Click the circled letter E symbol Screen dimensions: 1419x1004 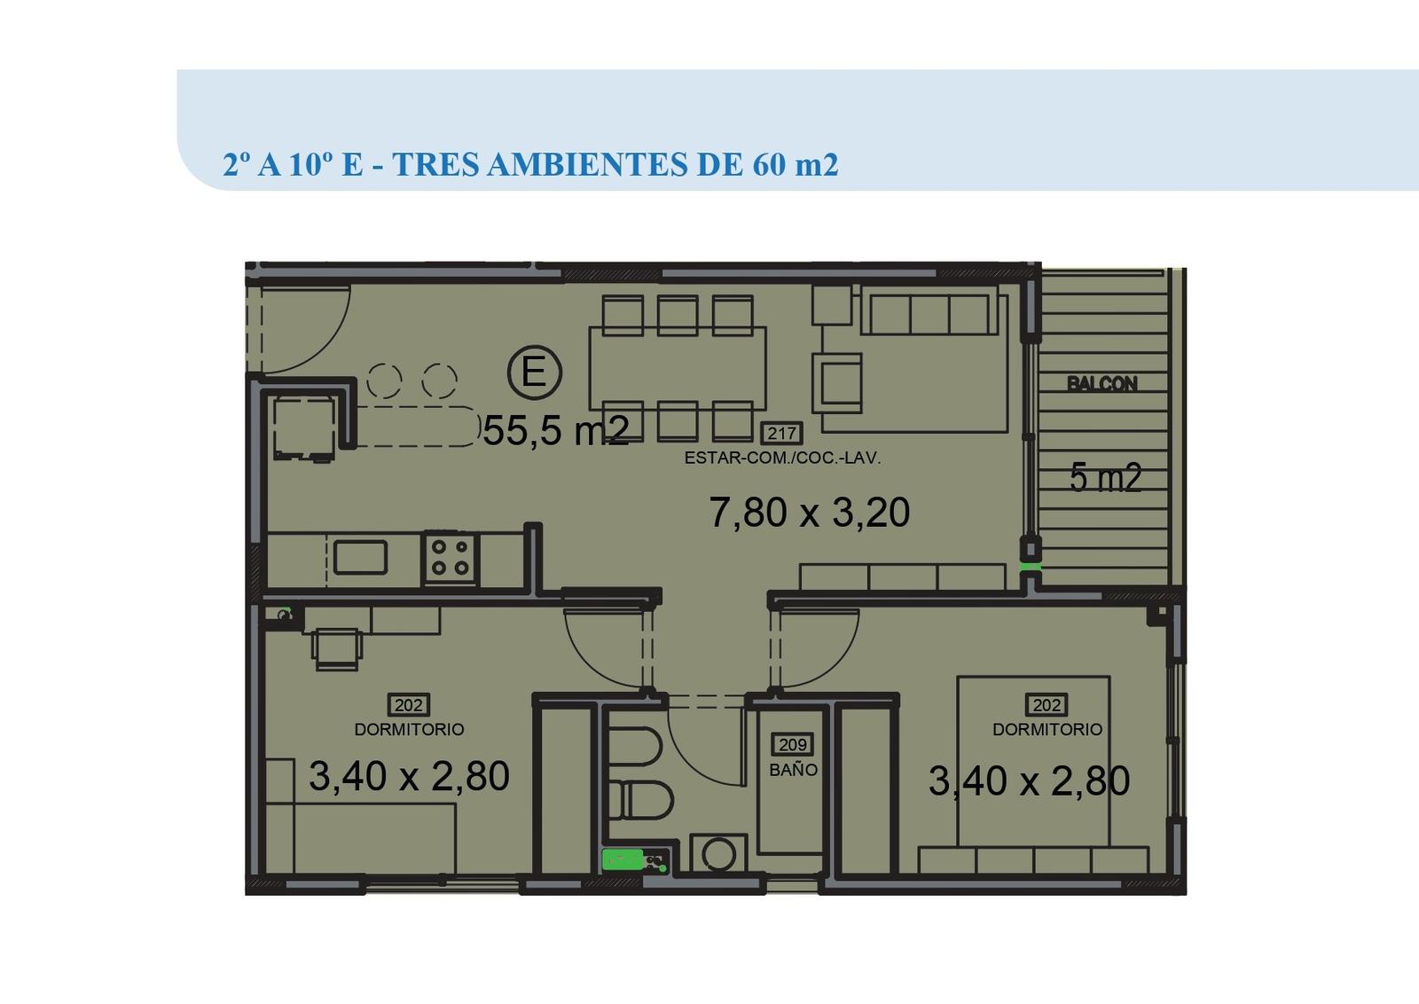click(535, 372)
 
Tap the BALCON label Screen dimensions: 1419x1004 click(1101, 383)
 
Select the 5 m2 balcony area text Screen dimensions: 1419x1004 click(1105, 477)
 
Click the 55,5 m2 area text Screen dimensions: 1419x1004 click(555, 431)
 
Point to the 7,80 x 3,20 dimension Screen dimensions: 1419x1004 click(809, 512)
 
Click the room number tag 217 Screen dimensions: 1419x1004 click(781, 434)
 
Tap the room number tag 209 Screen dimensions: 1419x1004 click(793, 745)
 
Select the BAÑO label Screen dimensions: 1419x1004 click(793, 770)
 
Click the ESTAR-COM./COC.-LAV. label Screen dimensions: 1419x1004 click(782, 458)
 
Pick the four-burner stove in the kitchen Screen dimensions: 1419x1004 click(450, 557)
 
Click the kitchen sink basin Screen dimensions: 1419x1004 click(360, 557)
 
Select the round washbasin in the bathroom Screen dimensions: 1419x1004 click(718, 853)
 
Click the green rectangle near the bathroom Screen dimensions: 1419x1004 click(622, 859)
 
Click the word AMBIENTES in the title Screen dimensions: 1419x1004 click(587, 164)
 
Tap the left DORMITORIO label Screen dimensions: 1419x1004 click(409, 729)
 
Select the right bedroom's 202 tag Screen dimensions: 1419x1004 click(1047, 704)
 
